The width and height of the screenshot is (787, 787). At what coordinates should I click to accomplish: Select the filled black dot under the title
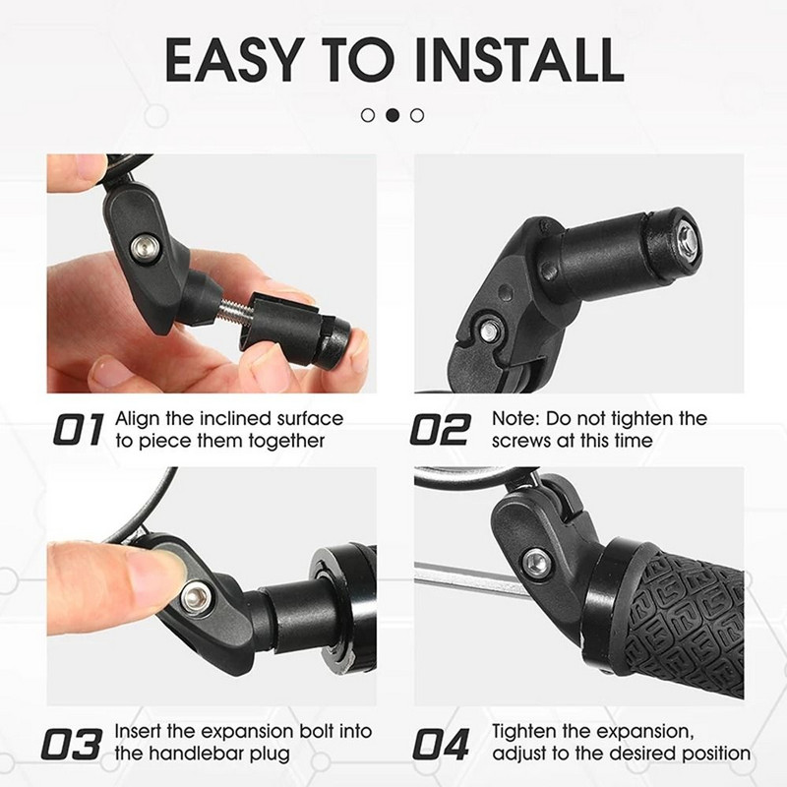point(393,115)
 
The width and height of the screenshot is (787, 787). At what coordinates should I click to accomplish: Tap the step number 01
point(76,429)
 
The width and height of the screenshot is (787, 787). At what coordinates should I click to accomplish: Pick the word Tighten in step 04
point(528,733)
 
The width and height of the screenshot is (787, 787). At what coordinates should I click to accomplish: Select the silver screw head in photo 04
point(537,562)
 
